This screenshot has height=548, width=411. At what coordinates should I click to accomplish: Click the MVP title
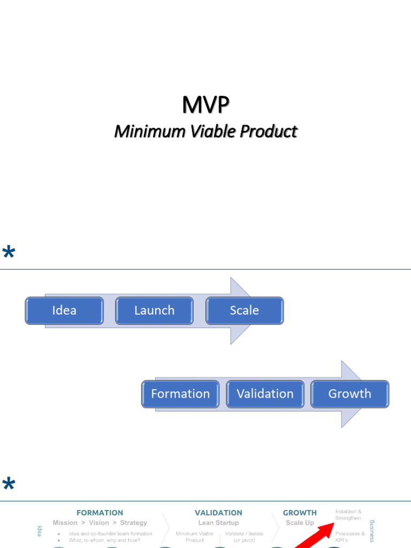[x=205, y=105]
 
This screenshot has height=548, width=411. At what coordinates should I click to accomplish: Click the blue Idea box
[x=64, y=310]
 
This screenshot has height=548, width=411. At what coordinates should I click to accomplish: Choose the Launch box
[x=154, y=310]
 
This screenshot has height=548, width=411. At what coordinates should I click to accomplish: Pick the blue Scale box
[x=245, y=310]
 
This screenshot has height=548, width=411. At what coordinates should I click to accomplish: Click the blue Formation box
[x=180, y=394]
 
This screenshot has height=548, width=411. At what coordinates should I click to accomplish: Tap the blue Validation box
[x=265, y=394]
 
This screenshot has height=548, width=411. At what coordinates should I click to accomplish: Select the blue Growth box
[x=350, y=394]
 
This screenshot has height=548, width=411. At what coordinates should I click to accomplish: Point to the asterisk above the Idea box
[x=9, y=253]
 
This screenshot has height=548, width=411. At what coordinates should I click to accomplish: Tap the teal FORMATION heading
[x=100, y=513]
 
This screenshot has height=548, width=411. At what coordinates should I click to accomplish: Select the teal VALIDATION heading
[x=218, y=513]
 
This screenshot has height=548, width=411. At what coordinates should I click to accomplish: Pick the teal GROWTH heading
[x=300, y=513]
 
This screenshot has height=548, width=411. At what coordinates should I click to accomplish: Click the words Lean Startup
[x=218, y=523]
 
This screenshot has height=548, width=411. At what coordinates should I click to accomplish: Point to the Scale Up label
[x=300, y=523]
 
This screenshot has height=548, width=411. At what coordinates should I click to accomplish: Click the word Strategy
[x=133, y=523]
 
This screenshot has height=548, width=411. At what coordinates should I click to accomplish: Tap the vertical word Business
[x=372, y=530]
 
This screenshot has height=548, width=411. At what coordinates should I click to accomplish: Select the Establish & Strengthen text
[x=348, y=515]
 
